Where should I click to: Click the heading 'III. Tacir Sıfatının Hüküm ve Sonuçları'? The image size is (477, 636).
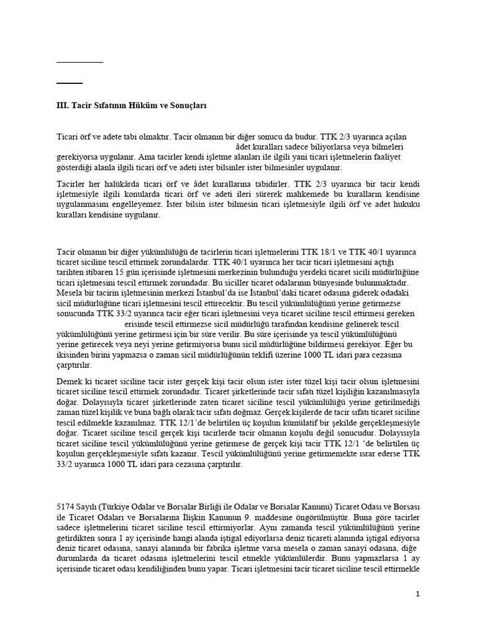click(131, 106)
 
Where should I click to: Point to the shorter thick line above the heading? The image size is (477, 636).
click(69, 83)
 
